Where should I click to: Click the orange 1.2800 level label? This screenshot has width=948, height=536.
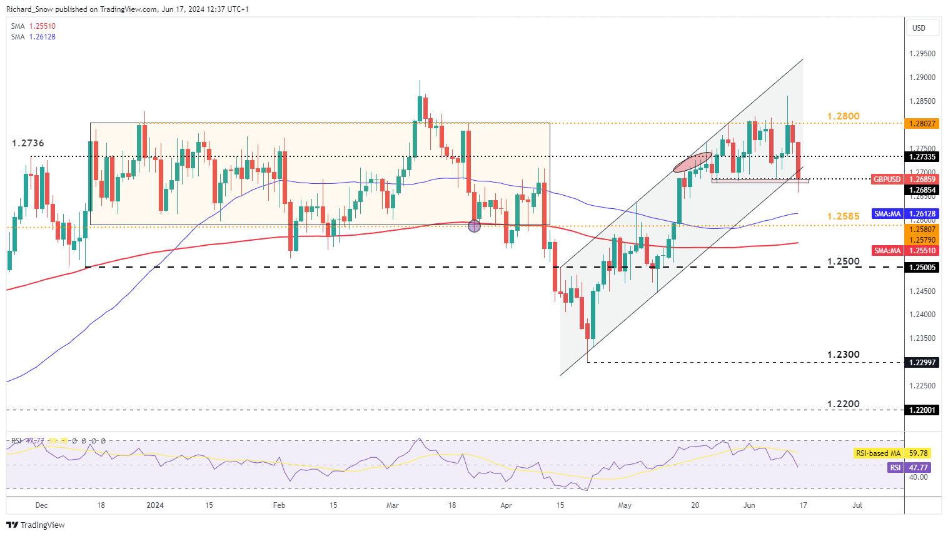843,116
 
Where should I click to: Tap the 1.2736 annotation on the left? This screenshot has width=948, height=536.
28,143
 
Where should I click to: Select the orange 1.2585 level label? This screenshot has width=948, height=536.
843,216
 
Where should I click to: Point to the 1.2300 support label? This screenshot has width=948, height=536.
843,355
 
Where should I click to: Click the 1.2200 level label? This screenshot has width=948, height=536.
843,404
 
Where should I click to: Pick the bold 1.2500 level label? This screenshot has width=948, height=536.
843,261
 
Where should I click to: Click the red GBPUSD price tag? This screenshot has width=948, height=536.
887,180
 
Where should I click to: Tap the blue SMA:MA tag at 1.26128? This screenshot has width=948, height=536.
887,214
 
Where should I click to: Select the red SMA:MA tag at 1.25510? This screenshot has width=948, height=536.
887,250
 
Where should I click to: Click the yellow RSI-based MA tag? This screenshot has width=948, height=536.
878,453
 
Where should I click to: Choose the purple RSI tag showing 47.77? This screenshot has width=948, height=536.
895,467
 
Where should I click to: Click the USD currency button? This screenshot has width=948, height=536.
919,28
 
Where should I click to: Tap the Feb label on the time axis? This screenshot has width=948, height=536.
279,505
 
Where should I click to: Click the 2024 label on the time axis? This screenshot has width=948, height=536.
155,505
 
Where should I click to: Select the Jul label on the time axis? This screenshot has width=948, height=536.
857,505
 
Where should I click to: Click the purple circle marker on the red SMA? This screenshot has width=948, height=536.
474,226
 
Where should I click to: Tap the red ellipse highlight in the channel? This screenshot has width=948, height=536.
693,162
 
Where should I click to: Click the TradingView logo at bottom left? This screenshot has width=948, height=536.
37,525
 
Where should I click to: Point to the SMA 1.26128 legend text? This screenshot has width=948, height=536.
34,37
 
